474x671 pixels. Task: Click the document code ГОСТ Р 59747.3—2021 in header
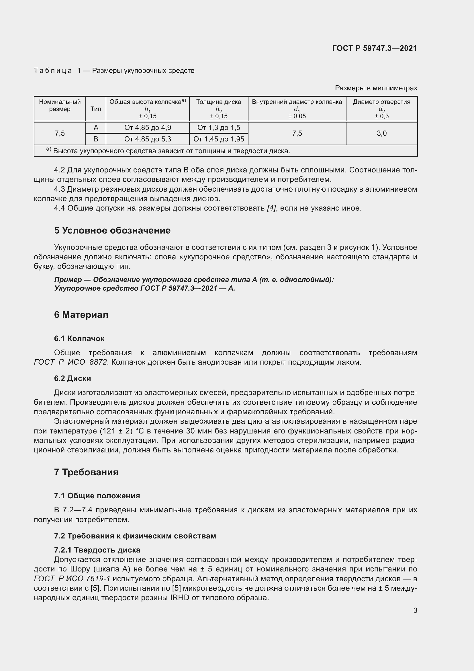click(x=375, y=48)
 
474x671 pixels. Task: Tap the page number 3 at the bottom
click(x=415, y=610)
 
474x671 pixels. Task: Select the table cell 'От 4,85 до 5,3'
click(x=147, y=139)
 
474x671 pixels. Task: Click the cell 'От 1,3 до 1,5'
click(x=219, y=128)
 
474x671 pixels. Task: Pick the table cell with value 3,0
click(x=381, y=133)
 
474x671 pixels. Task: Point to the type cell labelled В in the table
click(x=96, y=139)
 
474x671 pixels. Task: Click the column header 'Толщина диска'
click(x=219, y=102)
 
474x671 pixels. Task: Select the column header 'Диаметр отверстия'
click(x=381, y=102)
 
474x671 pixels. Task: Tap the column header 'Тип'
click(x=96, y=109)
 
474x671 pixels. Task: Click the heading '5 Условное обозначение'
click(x=112, y=231)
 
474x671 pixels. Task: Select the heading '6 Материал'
click(x=81, y=315)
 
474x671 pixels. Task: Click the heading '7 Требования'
click(x=86, y=472)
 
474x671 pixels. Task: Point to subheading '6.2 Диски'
click(x=73, y=378)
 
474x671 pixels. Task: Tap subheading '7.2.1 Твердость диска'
click(x=97, y=550)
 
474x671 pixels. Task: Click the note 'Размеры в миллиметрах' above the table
click(x=376, y=88)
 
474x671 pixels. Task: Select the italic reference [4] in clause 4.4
click(x=271, y=208)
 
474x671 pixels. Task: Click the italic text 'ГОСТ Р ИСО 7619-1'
click(x=72, y=579)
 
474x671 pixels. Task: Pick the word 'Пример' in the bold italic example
click(x=68, y=280)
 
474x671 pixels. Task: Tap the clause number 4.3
click(x=59, y=189)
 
